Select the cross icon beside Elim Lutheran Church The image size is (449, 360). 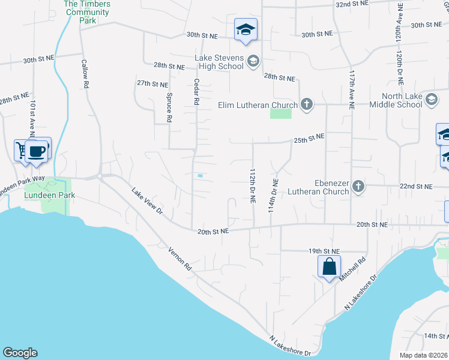306,105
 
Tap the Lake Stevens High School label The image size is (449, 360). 219,62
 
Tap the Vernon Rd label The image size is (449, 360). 179,258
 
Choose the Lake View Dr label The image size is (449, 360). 146,201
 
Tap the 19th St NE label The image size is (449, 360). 324,251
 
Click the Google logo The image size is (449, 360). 20,353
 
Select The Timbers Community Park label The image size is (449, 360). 88,12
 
